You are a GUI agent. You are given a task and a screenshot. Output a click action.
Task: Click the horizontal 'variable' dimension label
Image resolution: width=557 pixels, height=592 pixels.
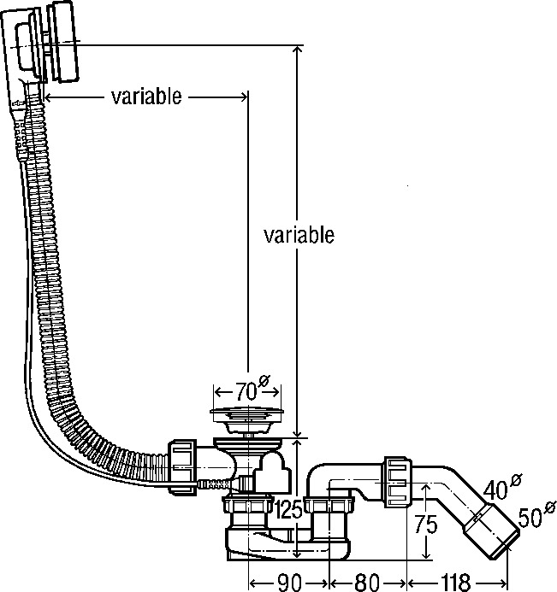click(x=146, y=97)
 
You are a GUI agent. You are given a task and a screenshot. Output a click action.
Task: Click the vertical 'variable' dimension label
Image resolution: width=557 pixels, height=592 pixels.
click(x=299, y=235)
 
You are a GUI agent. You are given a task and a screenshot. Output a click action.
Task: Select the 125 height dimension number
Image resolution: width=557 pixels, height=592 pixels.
click(x=289, y=512)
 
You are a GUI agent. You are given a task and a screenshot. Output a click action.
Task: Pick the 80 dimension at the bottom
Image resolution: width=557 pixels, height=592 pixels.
click(x=367, y=583)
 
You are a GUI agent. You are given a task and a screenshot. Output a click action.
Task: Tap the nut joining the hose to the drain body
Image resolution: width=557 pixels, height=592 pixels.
click(x=184, y=466)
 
